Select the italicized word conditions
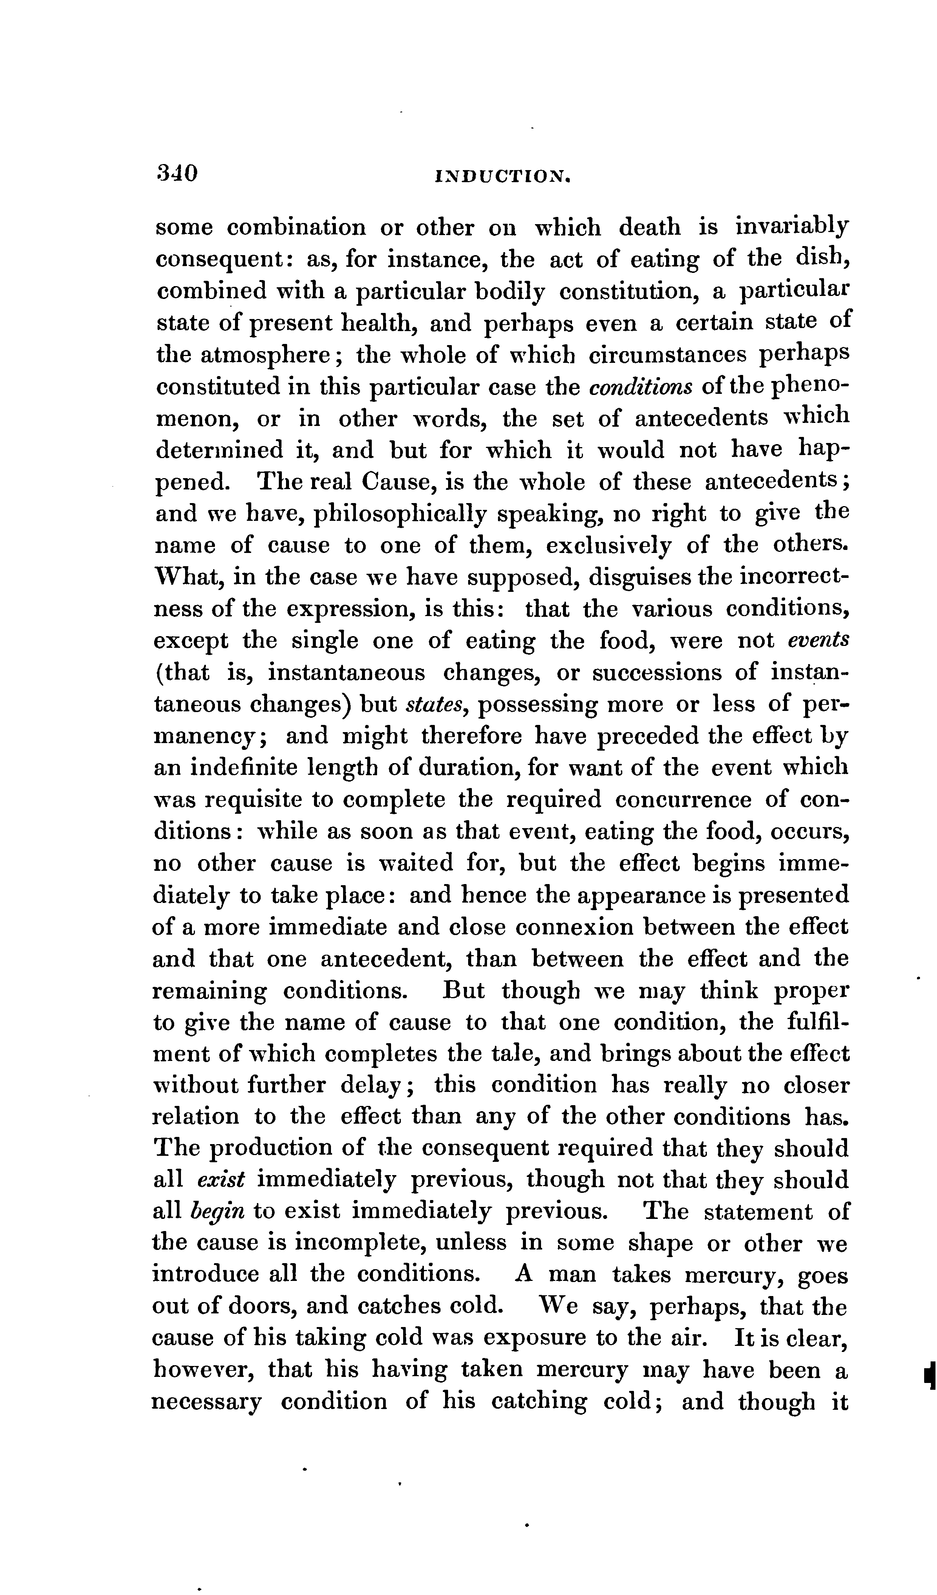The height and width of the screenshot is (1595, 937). point(638,387)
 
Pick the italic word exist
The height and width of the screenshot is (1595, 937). point(221,1180)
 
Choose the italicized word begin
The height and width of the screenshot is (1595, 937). point(217,1211)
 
